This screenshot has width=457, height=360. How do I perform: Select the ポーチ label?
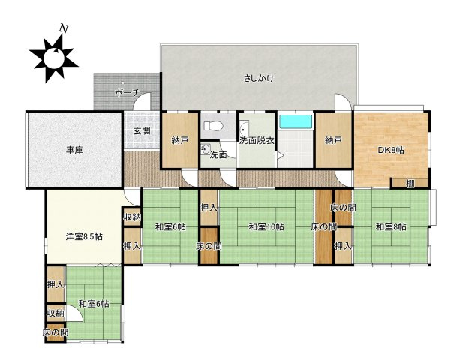(x=125, y=93)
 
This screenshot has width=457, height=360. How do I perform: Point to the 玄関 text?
(x=142, y=130)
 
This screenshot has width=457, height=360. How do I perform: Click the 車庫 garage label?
(x=74, y=150)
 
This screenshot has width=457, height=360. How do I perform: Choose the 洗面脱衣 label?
(x=257, y=140)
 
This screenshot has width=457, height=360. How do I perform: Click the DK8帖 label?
(x=390, y=150)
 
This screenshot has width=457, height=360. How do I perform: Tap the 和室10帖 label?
(x=256, y=226)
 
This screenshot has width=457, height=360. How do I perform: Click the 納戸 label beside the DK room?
(x=333, y=140)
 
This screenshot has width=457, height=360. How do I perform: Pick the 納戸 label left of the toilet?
(x=180, y=140)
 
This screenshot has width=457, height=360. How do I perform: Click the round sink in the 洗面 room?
(x=204, y=148)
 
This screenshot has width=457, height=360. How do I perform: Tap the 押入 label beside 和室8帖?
(x=343, y=245)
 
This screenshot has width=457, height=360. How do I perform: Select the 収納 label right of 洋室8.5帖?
(x=132, y=217)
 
